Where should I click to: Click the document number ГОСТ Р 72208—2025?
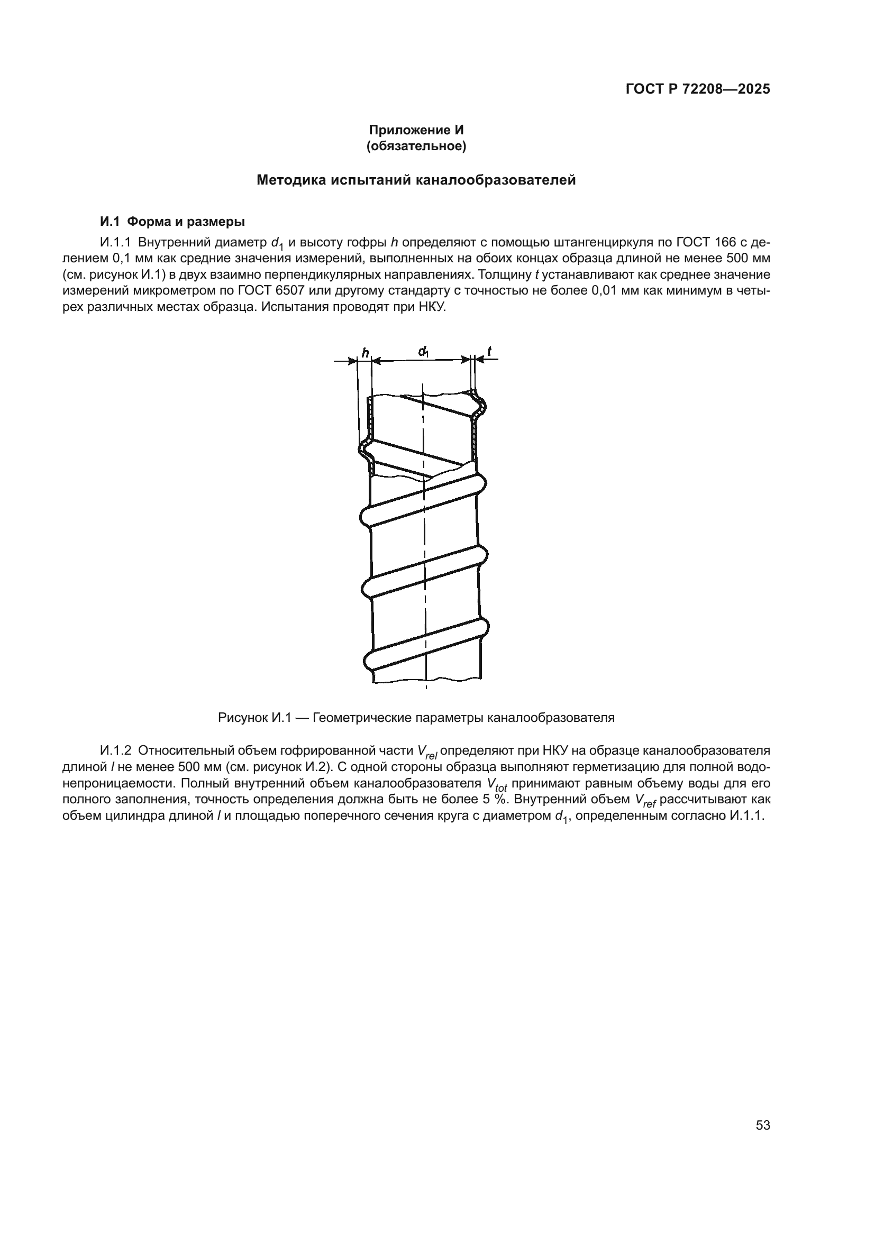pos(698,89)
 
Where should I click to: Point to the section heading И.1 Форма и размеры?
pos(172,222)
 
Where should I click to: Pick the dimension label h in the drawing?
pos(366,353)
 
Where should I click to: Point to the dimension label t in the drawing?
pos(489,352)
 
